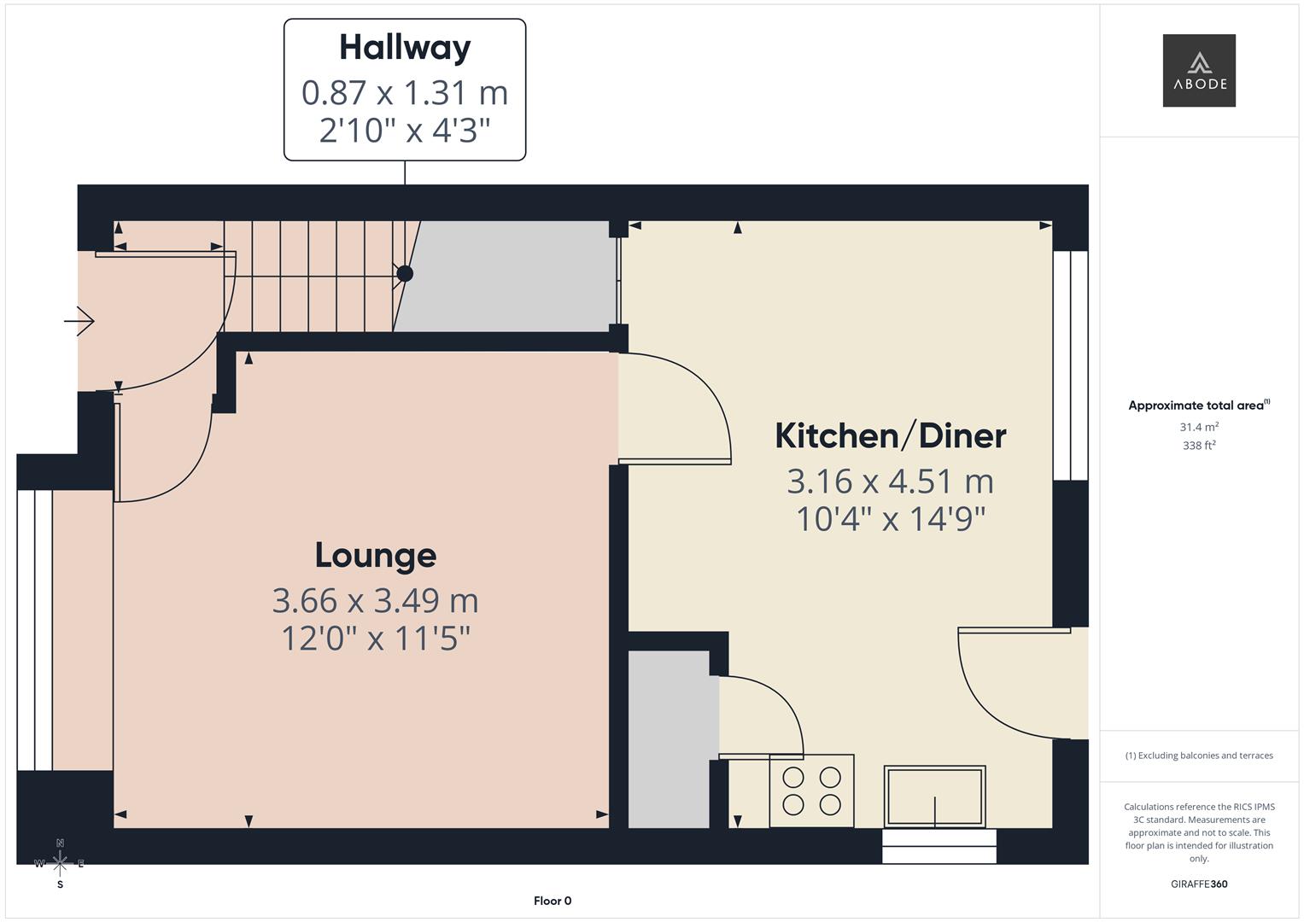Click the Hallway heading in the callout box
click(405, 48)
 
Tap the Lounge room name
click(376, 556)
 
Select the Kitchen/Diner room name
click(890, 436)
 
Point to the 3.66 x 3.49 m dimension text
click(375, 601)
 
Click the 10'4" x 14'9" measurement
click(891, 519)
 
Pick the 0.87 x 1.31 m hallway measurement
click(405, 93)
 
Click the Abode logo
click(1199, 71)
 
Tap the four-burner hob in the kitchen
click(811, 791)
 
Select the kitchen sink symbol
click(935, 796)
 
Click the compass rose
click(60, 863)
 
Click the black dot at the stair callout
click(405, 274)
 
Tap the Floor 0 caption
click(552, 901)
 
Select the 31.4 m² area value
click(1199, 427)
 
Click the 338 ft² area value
click(1199, 446)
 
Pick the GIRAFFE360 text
click(1199, 884)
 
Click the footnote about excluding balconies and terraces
click(1199, 756)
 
